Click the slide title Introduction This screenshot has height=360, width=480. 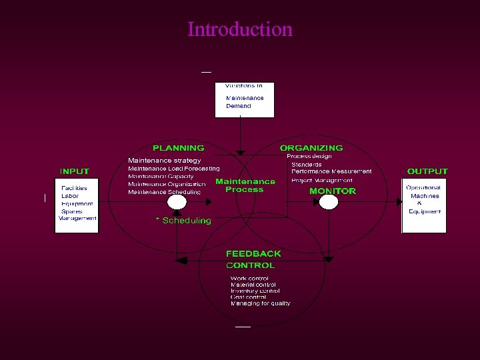click(x=240, y=29)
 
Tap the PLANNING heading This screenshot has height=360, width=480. click(x=179, y=148)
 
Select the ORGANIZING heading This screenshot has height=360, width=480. click(x=311, y=148)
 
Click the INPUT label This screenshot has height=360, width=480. click(x=75, y=171)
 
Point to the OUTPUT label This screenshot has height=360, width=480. click(x=427, y=171)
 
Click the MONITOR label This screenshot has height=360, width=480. click(x=333, y=191)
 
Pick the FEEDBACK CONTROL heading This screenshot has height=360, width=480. click(x=253, y=259)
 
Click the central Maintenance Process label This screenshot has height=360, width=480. click(x=245, y=185)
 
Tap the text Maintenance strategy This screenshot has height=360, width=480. click(x=164, y=161)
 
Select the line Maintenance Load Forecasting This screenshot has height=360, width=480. click(x=173, y=169)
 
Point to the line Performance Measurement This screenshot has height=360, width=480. click(x=331, y=171)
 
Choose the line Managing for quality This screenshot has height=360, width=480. click(x=260, y=303)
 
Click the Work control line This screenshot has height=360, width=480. click(x=249, y=279)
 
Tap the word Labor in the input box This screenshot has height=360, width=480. click(x=70, y=196)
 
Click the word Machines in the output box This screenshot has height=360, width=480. click(x=425, y=196)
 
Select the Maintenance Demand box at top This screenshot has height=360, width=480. click(x=245, y=99)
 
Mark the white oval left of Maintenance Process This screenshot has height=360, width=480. click(x=177, y=202)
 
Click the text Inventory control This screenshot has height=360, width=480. click(x=255, y=291)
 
